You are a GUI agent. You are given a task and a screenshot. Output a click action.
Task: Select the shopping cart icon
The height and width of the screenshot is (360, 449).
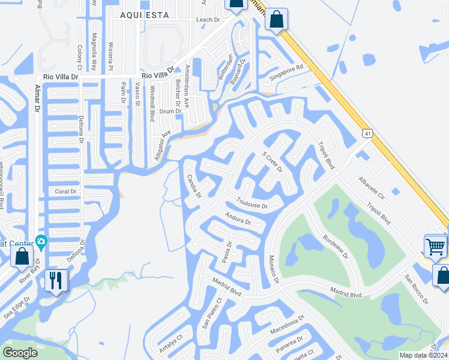pyautogui.click(x=435, y=245)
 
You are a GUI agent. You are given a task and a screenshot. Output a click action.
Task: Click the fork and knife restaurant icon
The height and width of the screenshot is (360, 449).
pyautogui.click(x=56, y=280)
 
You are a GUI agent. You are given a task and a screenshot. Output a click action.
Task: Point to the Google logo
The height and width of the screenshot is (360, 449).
pyautogui.click(x=20, y=353)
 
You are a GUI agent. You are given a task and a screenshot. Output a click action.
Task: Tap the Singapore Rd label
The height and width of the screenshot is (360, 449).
pyautogui.click(x=287, y=75)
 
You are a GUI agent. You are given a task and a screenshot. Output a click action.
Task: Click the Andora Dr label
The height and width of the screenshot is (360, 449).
pyautogui.click(x=237, y=218)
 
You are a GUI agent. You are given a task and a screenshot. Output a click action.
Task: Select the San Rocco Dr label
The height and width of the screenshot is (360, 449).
pyautogui.click(x=415, y=289)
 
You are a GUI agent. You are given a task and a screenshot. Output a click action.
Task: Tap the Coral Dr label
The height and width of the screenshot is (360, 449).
pyautogui.click(x=66, y=191)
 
